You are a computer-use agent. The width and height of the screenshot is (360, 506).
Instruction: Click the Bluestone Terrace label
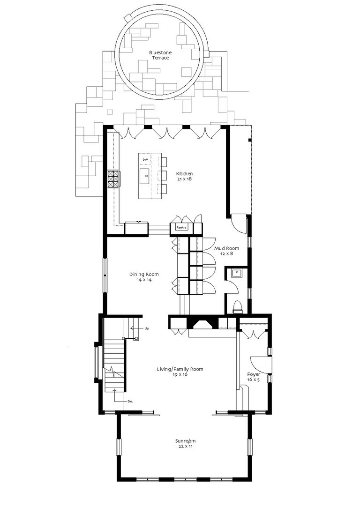(160, 55)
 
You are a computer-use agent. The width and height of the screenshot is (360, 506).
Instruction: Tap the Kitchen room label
(184, 174)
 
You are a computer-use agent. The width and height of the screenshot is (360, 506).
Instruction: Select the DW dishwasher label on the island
(145, 160)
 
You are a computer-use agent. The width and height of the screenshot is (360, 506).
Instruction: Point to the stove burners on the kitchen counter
(113, 179)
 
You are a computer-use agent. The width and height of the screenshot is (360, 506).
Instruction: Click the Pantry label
(181, 228)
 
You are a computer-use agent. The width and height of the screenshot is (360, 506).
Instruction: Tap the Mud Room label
(227, 248)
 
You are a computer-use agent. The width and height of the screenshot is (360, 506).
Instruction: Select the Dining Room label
(144, 274)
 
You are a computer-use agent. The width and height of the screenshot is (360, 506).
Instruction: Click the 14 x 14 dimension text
(144, 280)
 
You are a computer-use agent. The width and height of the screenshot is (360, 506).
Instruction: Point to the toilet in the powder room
(238, 307)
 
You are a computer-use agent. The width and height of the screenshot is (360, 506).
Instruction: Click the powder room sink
(237, 273)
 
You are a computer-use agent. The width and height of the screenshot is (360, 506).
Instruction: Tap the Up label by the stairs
(147, 328)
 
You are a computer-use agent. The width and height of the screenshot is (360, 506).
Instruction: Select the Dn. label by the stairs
(130, 402)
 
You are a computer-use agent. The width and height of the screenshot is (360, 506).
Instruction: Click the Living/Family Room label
(180, 369)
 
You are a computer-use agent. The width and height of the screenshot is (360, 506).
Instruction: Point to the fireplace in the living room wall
(203, 323)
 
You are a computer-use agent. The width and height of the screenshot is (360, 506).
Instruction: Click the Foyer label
(254, 374)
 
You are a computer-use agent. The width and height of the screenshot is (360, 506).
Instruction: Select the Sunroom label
(185, 441)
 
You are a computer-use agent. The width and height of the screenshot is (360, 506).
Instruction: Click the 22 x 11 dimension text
(185, 446)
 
